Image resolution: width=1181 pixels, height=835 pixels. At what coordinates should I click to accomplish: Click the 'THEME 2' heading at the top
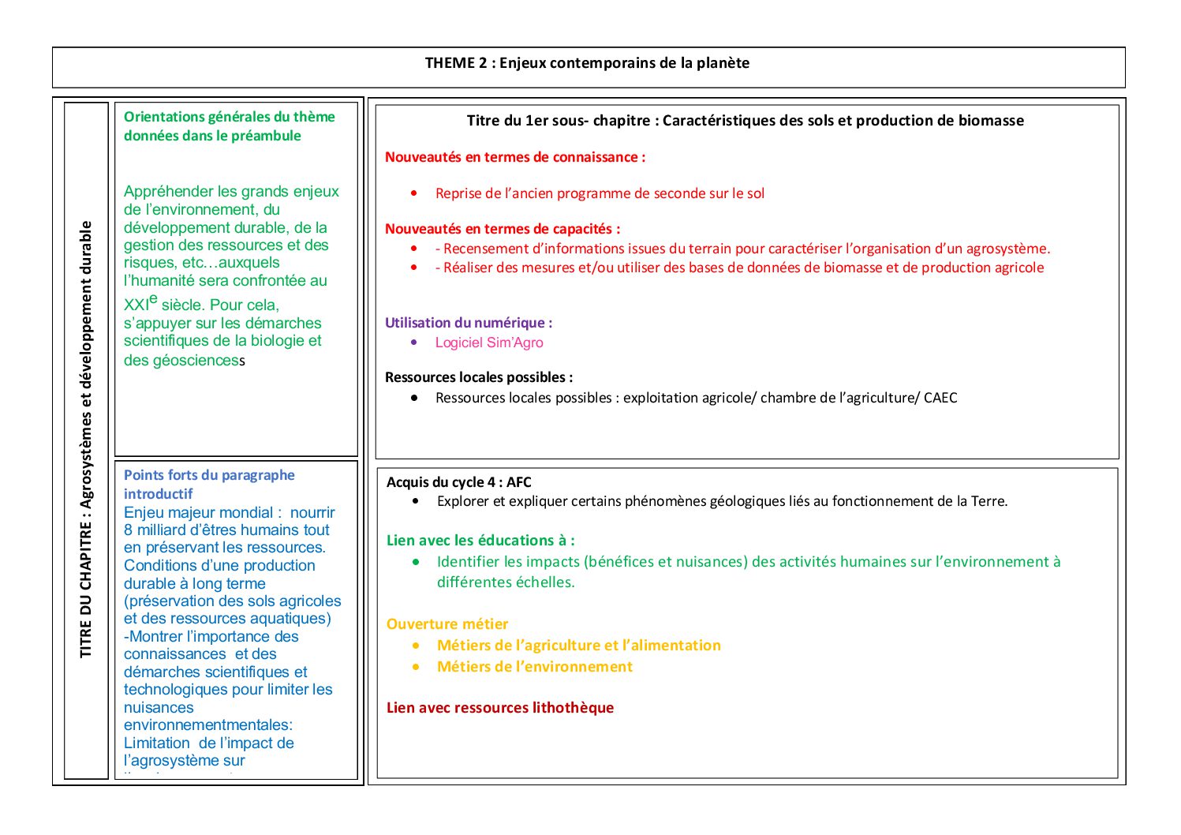click(x=587, y=63)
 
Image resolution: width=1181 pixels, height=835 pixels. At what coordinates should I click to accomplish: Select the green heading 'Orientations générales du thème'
click(x=229, y=117)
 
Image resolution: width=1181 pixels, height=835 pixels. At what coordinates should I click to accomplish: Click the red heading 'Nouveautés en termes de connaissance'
click(x=514, y=157)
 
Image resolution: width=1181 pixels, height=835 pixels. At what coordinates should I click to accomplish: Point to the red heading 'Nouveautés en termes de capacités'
click(x=502, y=229)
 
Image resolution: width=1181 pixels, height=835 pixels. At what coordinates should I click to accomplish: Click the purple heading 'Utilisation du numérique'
click(x=468, y=323)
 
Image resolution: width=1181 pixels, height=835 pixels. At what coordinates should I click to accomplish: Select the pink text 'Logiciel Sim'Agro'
click(x=489, y=343)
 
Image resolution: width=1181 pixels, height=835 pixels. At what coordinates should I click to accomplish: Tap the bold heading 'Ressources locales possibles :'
click(x=478, y=377)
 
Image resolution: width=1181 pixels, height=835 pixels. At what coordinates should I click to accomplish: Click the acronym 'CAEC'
click(x=940, y=398)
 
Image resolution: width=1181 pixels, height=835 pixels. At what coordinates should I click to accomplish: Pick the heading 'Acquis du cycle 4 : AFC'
click(x=458, y=482)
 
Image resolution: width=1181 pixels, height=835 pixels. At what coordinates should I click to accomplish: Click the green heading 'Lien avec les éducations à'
click(x=480, y=541)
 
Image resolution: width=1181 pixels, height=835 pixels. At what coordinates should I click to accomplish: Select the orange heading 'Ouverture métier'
click(x=447, y=624)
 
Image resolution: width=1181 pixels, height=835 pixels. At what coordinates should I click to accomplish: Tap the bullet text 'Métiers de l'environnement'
click(x=534, y=667)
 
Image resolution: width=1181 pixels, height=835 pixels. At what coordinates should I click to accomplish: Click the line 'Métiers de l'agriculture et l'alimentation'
click(x=578, y=646)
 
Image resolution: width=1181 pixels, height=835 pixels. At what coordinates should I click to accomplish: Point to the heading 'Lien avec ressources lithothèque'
click(x=499, y=708)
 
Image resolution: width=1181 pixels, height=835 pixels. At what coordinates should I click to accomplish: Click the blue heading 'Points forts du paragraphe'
click(x=209, y=475)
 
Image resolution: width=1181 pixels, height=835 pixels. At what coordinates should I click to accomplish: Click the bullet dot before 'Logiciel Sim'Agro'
click(x=414, y=343)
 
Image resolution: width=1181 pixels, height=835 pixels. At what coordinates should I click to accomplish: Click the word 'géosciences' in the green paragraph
click(x=194, y=361)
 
